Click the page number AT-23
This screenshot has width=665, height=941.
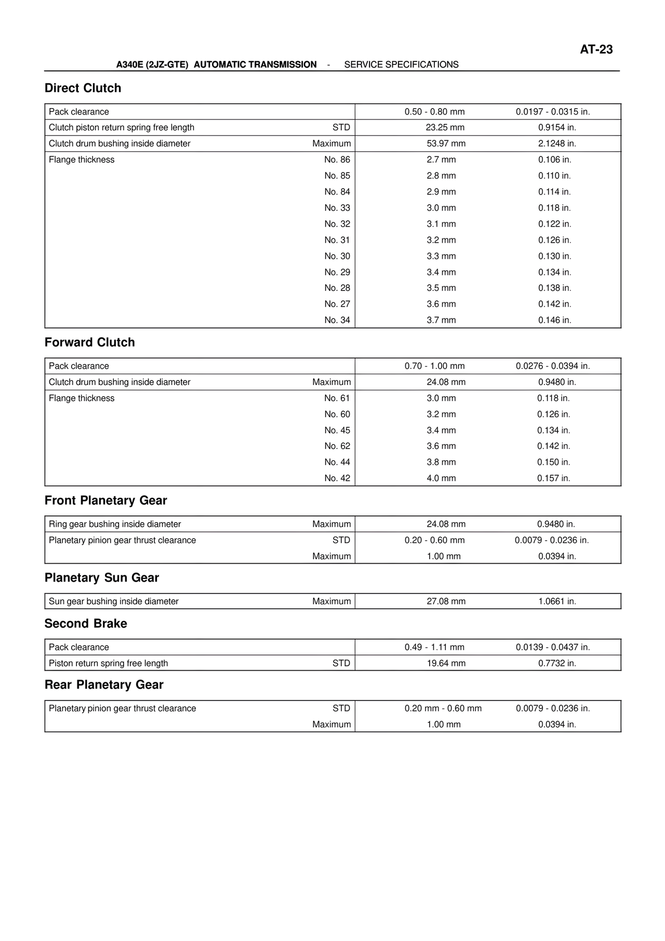596,49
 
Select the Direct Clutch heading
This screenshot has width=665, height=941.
83,88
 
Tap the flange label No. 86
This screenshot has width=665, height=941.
337,160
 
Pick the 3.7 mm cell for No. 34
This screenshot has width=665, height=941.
441,320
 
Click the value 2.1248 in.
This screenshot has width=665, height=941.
557,143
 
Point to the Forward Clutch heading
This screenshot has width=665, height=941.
89,342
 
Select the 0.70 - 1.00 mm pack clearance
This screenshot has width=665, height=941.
434,366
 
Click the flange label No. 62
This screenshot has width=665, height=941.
337,446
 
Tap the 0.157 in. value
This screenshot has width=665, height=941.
553,478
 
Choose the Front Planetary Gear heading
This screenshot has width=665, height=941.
105,500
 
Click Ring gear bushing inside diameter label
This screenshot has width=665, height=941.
115,524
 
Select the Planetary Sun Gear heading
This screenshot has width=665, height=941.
101,578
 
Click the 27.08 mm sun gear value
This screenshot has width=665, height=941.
446,601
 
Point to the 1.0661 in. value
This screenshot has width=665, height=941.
557,601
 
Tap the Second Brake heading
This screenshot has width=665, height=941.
86,624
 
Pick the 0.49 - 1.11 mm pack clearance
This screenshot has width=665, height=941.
434,647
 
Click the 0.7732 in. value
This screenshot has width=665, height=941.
557,663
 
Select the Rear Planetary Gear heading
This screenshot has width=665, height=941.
104,685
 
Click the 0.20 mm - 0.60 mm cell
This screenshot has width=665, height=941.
443,708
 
